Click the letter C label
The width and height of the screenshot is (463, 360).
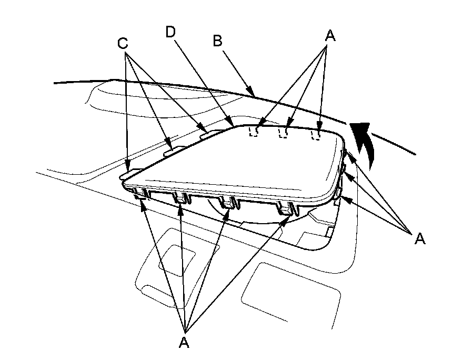pyautogui.click(x=123, y=43)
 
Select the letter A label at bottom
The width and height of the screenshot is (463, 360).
pyautogui.click(x=184, y=343)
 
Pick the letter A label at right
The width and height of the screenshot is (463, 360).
pyautogui.click(x=419, y=238)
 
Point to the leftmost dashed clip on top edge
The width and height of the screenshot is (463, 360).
pyautogui.click(x=254, y=131)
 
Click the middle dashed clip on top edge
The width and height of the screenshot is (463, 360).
pyautogui.click(x=284, y=132)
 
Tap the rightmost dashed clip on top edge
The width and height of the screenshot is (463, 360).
pyautogui.click(x=316, y=134)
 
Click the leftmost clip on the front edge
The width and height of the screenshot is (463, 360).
pyautogui.click(x=141, y=195)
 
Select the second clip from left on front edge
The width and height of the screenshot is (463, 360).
pyautogui.click(x=180, y=199)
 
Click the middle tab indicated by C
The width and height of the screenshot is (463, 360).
pyautogui.click(x=169, y=149)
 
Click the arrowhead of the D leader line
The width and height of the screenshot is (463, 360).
pyautogui.click(x=232, y=125)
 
